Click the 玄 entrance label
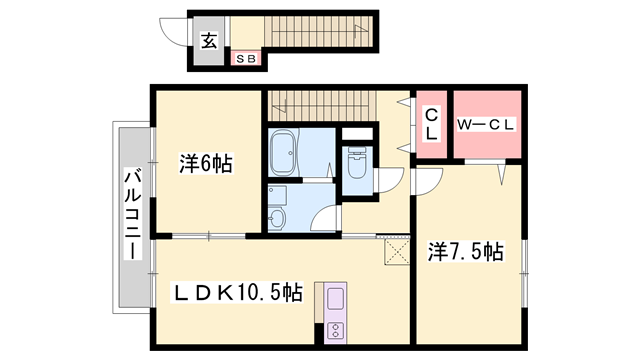[209, 41]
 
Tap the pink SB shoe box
[246, 58]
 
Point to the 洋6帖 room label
[205, 163]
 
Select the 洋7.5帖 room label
[466, 253]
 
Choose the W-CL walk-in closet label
[487, 125]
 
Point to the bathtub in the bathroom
[284, 152]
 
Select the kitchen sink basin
[333, 299]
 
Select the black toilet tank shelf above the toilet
[355, 133]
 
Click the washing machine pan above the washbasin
[279, 193]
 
